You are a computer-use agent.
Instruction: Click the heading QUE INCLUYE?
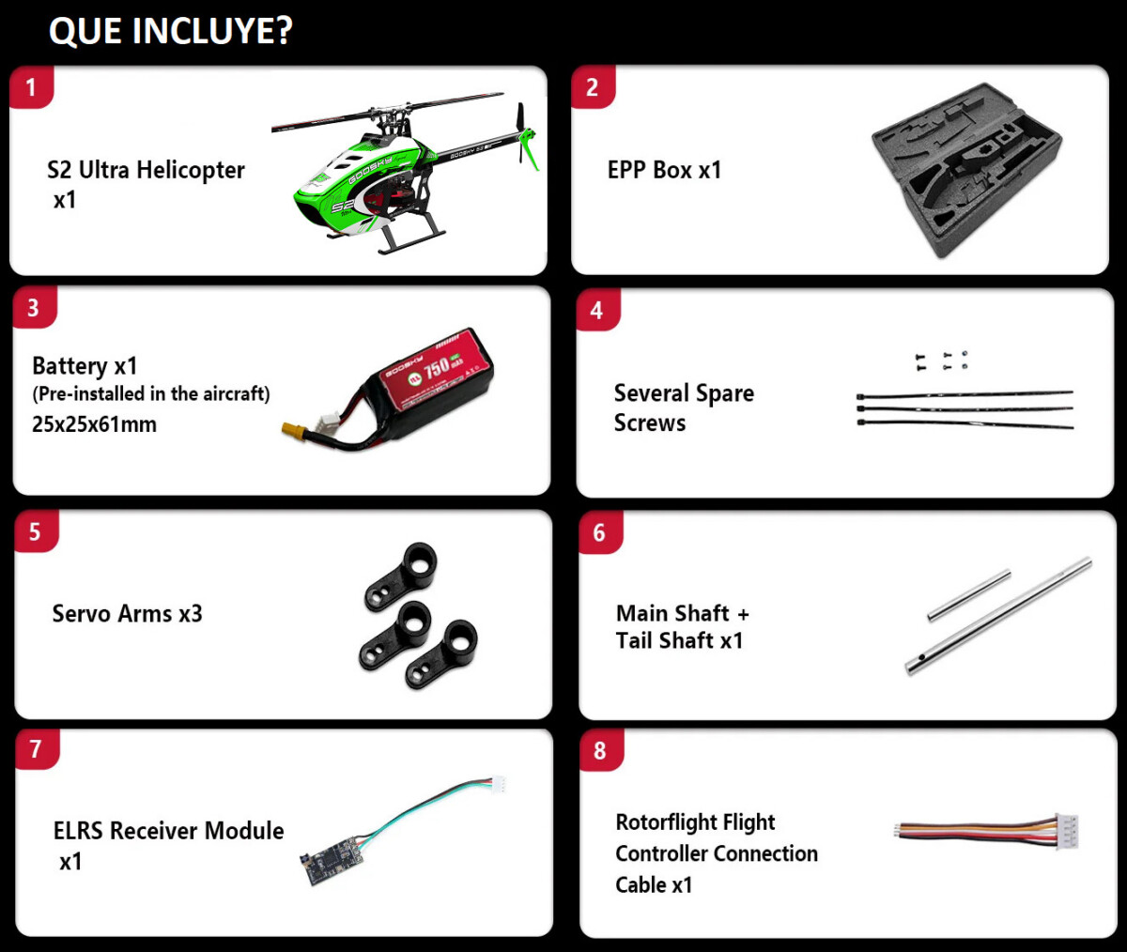coord(171,31)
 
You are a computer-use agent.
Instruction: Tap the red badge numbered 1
coord(31,87)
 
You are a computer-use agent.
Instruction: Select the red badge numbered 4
coord(598,310)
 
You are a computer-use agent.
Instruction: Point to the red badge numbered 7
coord(37,749)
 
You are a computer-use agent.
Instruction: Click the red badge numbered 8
coord(601,751)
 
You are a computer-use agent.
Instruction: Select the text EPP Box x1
coord(664,170)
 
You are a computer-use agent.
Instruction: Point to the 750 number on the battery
coord(436,369)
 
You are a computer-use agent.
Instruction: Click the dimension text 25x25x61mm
coord(95,424)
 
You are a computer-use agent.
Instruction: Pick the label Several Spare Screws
coord(684,407)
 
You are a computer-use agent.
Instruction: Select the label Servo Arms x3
coord(128,614)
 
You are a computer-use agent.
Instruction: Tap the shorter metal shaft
coord(969,595)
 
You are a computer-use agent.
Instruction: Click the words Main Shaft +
coord(682,613)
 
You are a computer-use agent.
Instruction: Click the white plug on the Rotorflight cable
coord(1067,831)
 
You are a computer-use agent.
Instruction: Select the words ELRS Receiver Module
coord(168,831)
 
